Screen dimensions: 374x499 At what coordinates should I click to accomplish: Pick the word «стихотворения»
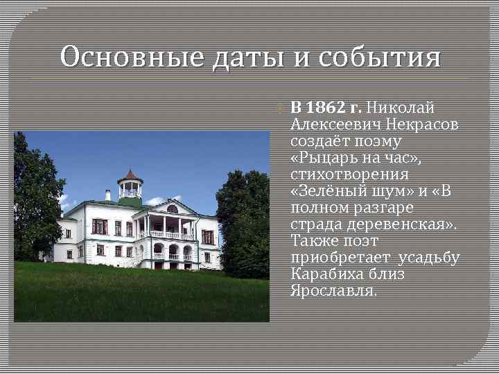(x=349, y=175)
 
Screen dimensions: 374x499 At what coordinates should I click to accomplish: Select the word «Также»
(x=313, y=241)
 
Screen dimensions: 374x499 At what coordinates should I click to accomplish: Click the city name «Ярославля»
(x=334, y=291)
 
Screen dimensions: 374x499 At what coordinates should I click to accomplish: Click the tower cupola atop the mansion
(x=130, y=184)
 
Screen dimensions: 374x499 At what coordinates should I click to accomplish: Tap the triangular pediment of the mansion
(x=171, y=208)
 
